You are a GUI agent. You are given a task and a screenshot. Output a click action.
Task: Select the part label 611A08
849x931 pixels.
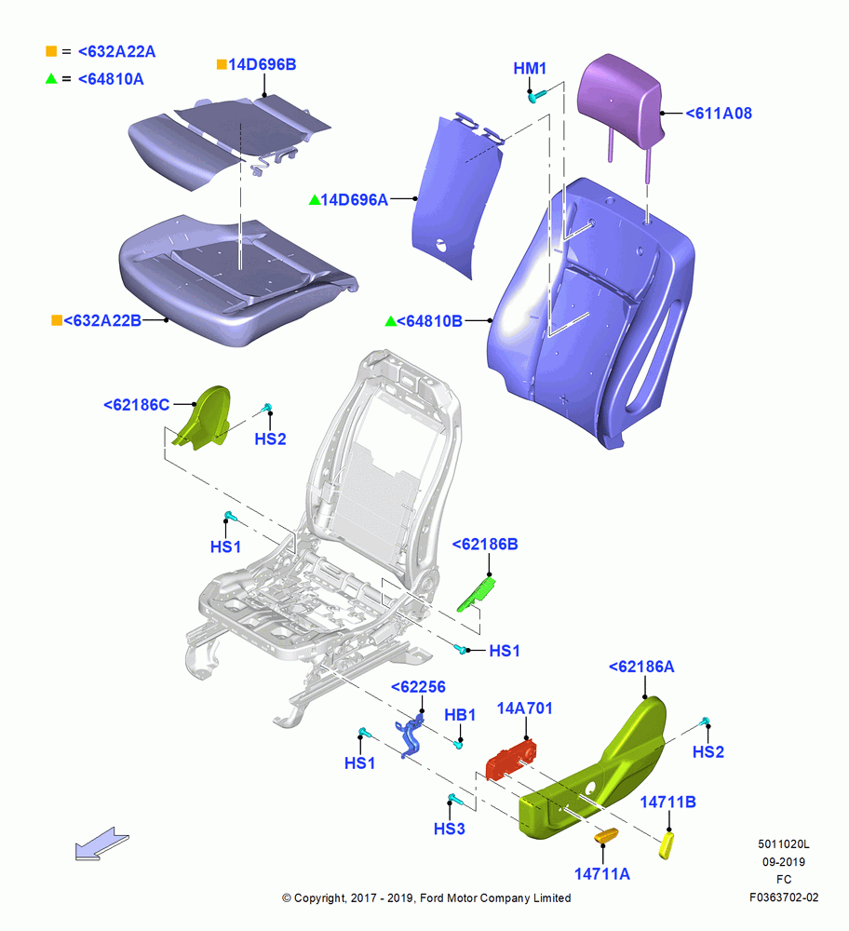[x=719, y=114]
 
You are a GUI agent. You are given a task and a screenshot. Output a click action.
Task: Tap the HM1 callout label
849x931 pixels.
[x=530, y=69]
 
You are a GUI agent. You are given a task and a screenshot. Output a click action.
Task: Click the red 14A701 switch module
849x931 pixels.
[x=511, y=760]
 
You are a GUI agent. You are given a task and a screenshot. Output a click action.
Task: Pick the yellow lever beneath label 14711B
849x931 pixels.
[x=667, y=845]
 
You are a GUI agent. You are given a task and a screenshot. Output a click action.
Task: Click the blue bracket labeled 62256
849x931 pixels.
[x=411, y=735]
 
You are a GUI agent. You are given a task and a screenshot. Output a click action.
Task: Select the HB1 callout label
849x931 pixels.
[x=460, y=715]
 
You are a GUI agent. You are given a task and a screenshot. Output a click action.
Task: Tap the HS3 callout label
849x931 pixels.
[x=450, y=829]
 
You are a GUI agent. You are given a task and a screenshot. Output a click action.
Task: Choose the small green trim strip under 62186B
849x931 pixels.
[x=476, y=595]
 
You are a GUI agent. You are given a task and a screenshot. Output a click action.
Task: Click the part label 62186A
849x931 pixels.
[x=641, y=667]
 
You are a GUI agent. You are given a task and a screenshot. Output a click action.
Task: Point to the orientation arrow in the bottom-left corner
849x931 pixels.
[x=101, y=843]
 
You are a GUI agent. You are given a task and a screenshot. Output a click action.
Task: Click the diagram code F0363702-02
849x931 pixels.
[x=784, y=897]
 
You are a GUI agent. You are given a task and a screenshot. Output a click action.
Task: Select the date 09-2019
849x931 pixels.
[x=784, y=861]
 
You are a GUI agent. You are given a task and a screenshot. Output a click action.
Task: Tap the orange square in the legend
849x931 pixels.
[x=51, y=51]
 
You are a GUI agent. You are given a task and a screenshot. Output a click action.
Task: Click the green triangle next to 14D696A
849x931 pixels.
[x=315, y=200]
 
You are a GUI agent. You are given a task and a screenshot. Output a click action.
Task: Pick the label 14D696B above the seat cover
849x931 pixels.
[x=262, y=65]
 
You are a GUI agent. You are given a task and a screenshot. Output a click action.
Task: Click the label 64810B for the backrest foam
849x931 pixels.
[x=429, y=321]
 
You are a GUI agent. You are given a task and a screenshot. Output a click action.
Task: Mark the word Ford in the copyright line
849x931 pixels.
[x=432, y=897]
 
